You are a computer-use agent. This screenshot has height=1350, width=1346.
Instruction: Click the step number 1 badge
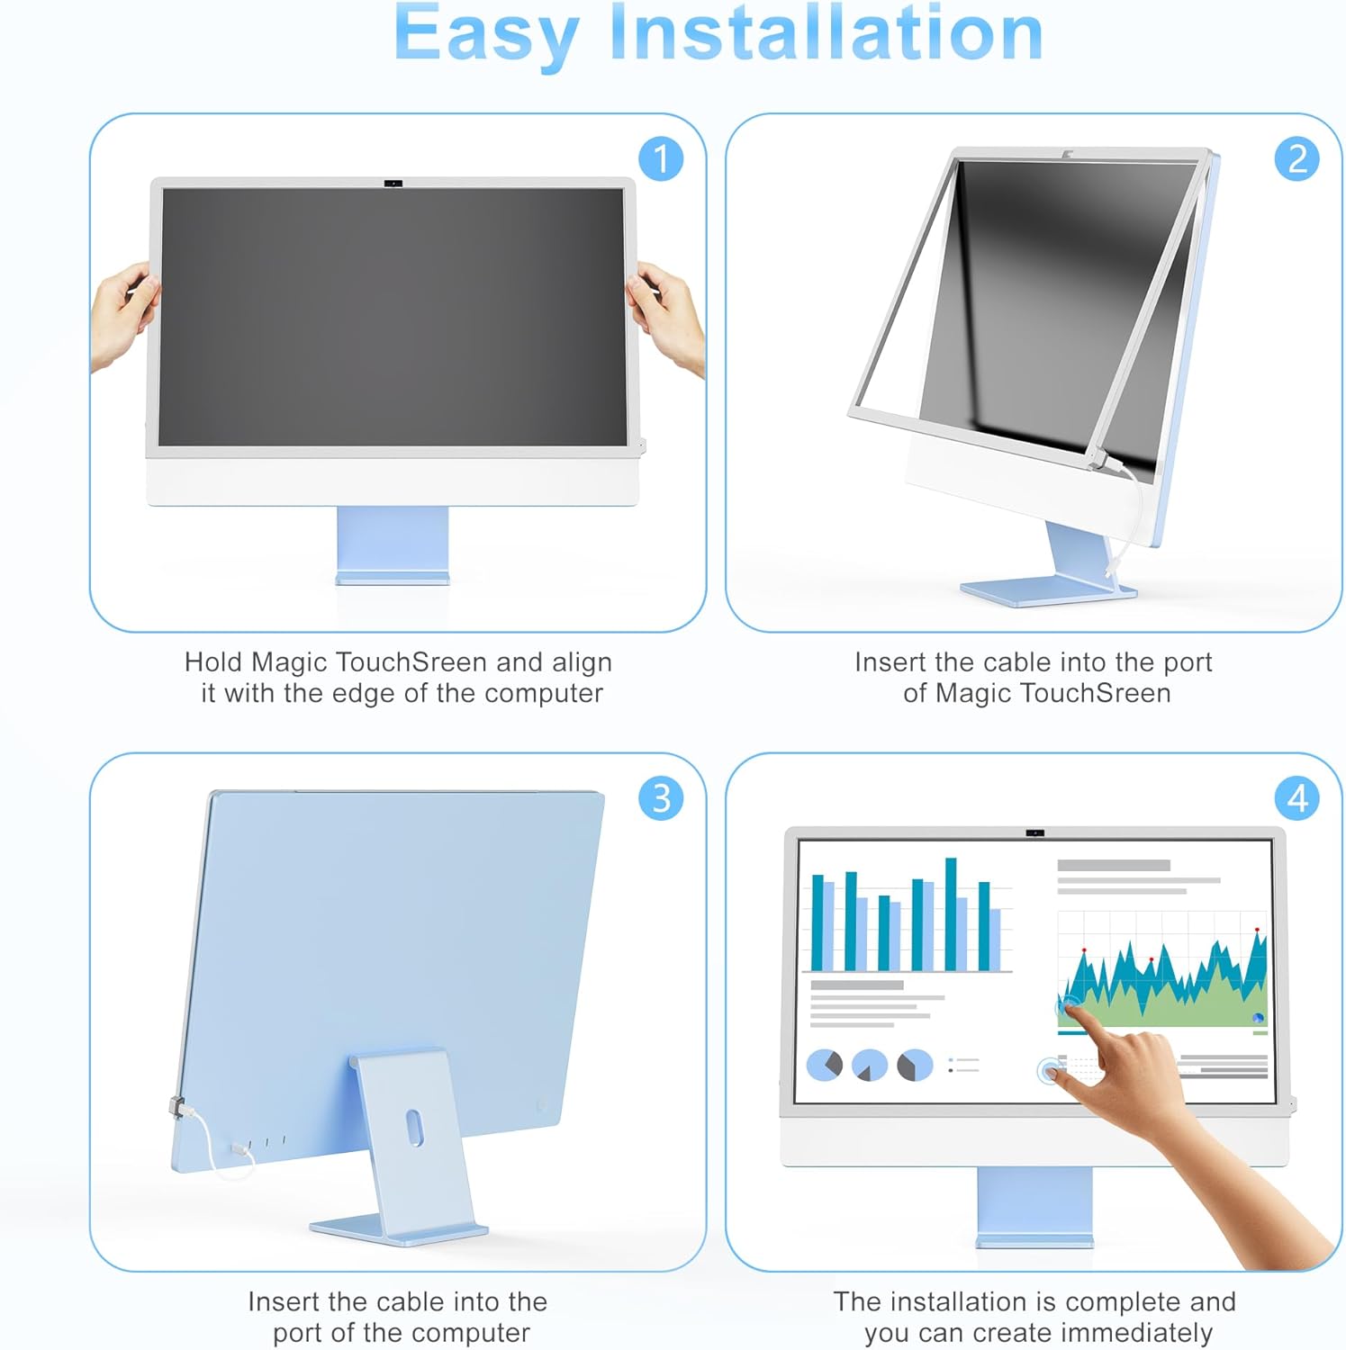[x=661, y=159]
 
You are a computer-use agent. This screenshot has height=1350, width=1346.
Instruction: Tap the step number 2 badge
[x=1297, y=159]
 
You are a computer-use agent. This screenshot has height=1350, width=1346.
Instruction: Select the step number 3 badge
[x=661, y=798]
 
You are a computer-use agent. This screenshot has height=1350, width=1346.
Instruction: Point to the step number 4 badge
[x=1297, y=798]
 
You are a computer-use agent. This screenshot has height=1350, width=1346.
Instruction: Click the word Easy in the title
[x=486, y=36]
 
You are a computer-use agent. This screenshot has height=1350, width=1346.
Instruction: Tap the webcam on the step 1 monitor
[x=393, y=184]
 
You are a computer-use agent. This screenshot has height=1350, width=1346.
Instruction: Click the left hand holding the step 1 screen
[x=124, y=315]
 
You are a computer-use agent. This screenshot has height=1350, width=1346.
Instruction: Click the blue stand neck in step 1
[x=393, y=544]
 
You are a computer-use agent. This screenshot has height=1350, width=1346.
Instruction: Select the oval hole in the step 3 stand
[x=414, y=1127]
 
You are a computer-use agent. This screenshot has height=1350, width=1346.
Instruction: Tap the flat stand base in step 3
[x=398, y=1229]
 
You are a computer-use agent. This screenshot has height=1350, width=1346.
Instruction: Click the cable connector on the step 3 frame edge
[x=178, y=1107]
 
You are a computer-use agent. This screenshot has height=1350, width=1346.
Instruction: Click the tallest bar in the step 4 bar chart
[x=951, y=914]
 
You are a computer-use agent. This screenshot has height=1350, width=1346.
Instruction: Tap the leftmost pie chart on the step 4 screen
[x=824, y=1065]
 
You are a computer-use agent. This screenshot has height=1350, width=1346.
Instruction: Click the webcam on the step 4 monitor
[x=1035, y=833]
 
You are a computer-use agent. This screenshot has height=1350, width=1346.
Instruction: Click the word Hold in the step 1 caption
[x=213, y=662]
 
